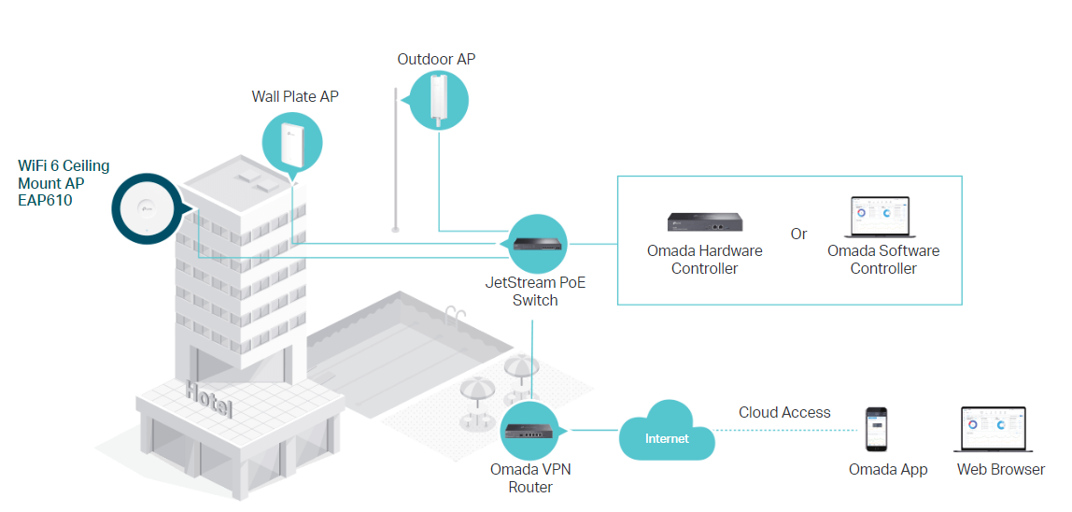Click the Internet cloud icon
[667, 432]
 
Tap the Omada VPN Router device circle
[530, 430]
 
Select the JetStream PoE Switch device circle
[538, 243]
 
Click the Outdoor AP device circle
[438, 100]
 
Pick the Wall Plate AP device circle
[291, 144]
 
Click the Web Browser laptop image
[994, 431]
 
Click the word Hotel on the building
[208, 399]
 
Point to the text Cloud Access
[784, 412]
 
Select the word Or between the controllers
[798, 234]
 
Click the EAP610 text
[45, 200]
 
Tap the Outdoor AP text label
[436, 60]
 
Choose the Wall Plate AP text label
[295, 97]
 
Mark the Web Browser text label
[1000, 470]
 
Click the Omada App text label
[888, 470]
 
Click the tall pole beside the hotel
[397, 159]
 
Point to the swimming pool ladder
[455, 313]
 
